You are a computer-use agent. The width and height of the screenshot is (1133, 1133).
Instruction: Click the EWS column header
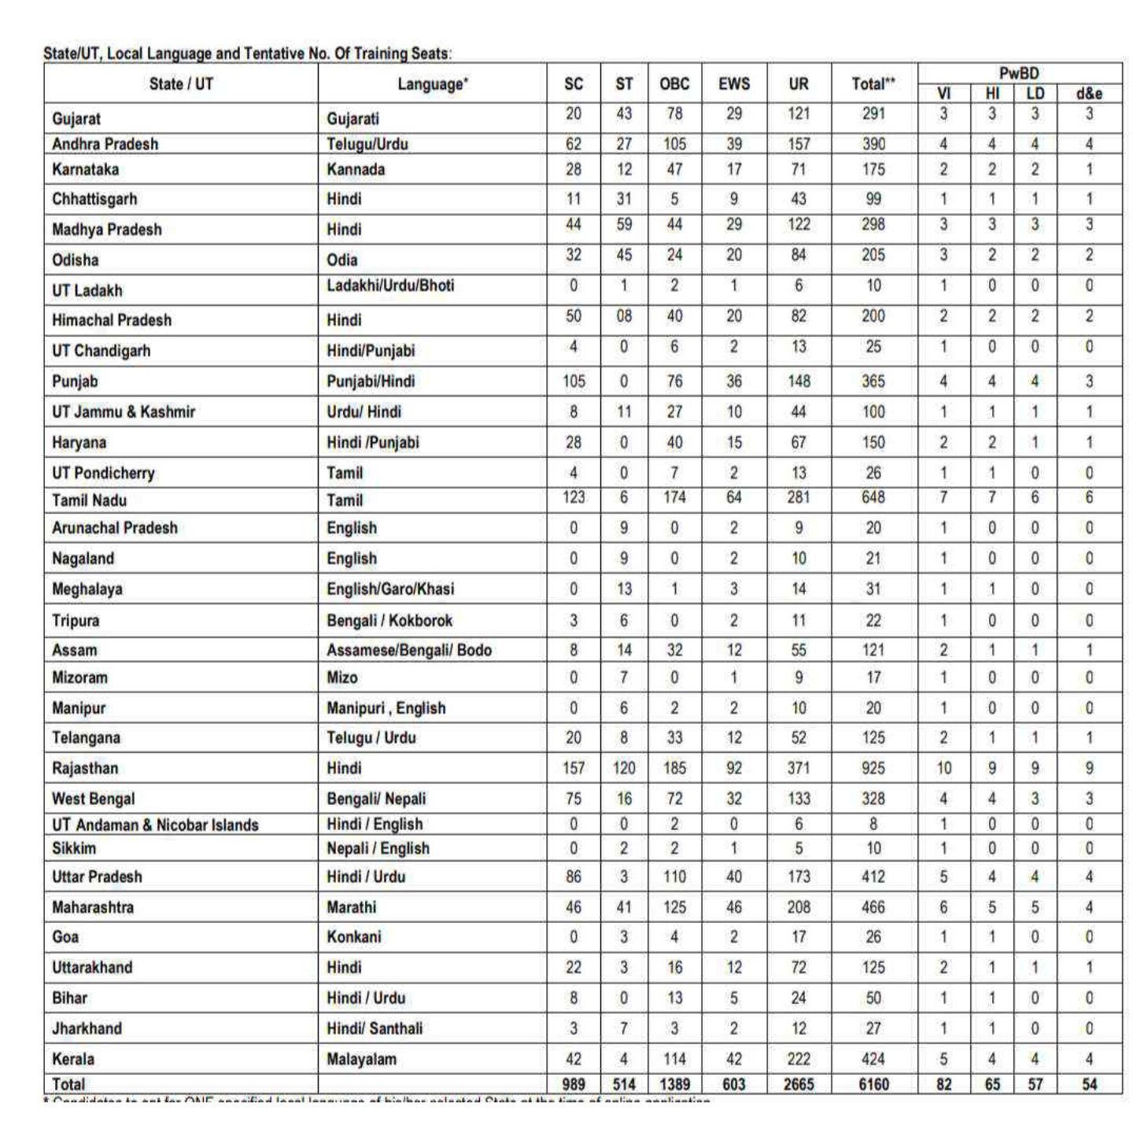pos(733,84)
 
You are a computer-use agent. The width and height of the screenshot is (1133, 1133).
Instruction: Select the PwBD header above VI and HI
pos(1019,73)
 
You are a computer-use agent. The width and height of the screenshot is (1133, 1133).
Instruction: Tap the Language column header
pos(432,84)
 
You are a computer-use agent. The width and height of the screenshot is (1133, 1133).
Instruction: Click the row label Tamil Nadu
pos(89,500)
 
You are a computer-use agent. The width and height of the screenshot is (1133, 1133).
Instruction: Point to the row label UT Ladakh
pos(87,290)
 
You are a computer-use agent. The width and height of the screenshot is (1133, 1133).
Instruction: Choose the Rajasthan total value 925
pos(873,768)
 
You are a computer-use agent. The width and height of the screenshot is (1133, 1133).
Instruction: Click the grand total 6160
pos(873,1084)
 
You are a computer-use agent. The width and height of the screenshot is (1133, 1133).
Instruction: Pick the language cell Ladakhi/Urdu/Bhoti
pos(390,286)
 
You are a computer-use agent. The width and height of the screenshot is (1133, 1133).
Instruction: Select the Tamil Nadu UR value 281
pos(798,497)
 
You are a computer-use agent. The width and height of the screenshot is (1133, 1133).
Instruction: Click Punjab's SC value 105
pos(574,382)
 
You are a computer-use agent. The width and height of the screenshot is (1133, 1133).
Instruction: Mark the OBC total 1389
pos(674,1084)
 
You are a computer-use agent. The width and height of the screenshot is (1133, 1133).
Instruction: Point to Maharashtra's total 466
pos(873,907)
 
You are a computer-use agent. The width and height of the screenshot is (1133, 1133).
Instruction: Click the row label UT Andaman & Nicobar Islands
pos(155,825)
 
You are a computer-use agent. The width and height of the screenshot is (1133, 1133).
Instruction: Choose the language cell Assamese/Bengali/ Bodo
pos(409,650)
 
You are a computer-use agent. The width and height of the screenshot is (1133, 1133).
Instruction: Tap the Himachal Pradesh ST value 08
pos(623,316)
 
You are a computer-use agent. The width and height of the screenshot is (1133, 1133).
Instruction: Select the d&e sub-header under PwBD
pos(1089,94)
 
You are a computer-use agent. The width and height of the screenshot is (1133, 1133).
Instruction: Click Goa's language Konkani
pos(353,937)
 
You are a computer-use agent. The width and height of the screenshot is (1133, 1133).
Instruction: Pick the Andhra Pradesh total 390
pos(873,144)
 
